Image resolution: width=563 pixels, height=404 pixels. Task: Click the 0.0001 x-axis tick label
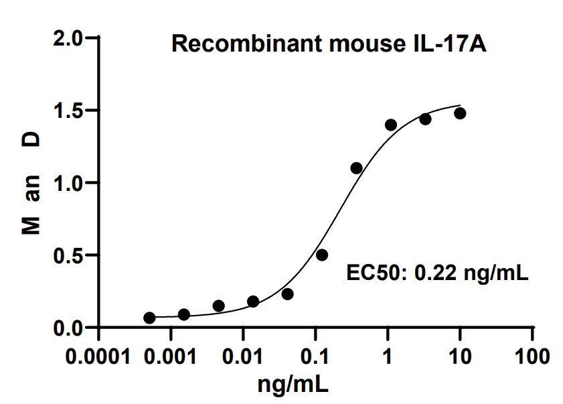coord(98,354)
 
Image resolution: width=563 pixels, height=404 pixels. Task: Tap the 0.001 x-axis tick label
coord(171,354)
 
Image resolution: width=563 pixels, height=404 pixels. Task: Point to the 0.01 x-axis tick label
coord(243,354)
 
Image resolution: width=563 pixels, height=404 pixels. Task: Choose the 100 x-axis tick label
coord(532,354)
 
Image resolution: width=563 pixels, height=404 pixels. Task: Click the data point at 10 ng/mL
coord(460,113)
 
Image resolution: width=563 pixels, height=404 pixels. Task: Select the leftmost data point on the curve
coord(149,318)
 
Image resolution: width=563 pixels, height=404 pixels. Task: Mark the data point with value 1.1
coord(356,167)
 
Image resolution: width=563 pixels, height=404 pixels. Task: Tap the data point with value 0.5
coord(322,255)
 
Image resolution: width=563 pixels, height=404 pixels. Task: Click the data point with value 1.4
coord(391,125)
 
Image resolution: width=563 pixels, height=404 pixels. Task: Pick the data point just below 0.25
coord(288,294)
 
